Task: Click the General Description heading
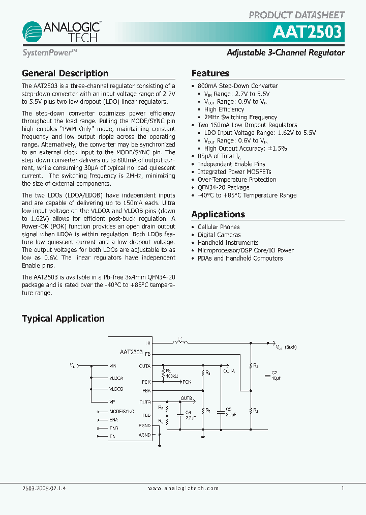(65, 73)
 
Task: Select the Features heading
(210, 73)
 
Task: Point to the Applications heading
(218, 214)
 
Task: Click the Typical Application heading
(63, 319)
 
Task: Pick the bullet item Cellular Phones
(218, 227)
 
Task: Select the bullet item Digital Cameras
(219, 235)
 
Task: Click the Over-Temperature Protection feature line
(236, 180)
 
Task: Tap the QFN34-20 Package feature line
(223, 187)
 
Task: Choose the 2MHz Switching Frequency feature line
(240, 117)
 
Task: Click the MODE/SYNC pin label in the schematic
(121, 411)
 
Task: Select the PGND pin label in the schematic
(145, 425)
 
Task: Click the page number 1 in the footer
(343, 488)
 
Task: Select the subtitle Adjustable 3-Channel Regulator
(285, 53)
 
